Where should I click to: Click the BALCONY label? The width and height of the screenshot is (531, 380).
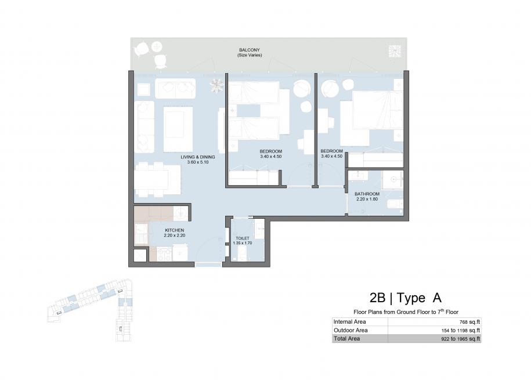tap(250, 50)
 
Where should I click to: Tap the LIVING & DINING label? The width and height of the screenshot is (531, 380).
tap(198, 157)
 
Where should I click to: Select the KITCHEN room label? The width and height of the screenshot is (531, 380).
tap(175, 230)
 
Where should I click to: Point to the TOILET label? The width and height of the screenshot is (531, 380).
tap(243, 238)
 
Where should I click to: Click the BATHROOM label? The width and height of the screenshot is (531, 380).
tap(367, 194)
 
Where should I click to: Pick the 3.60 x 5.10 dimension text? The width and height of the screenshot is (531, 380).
tap(198, 162)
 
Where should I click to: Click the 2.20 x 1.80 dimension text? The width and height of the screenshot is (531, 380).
tap(367, 199)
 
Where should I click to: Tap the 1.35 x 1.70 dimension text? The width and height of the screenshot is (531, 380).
tap(243, 243)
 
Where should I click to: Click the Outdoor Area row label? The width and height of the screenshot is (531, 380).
tap(351, 330)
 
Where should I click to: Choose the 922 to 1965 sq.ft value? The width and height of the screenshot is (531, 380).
tap(461, 339)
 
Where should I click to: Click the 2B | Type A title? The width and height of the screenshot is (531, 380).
tap(406, 298)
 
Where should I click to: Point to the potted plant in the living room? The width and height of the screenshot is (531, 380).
tap(216, 85)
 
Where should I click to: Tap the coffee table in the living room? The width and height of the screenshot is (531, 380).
tap(178, 129)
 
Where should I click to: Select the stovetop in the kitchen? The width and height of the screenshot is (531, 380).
tap(164, 254)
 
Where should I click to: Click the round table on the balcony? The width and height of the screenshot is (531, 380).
tap(157, 46)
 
